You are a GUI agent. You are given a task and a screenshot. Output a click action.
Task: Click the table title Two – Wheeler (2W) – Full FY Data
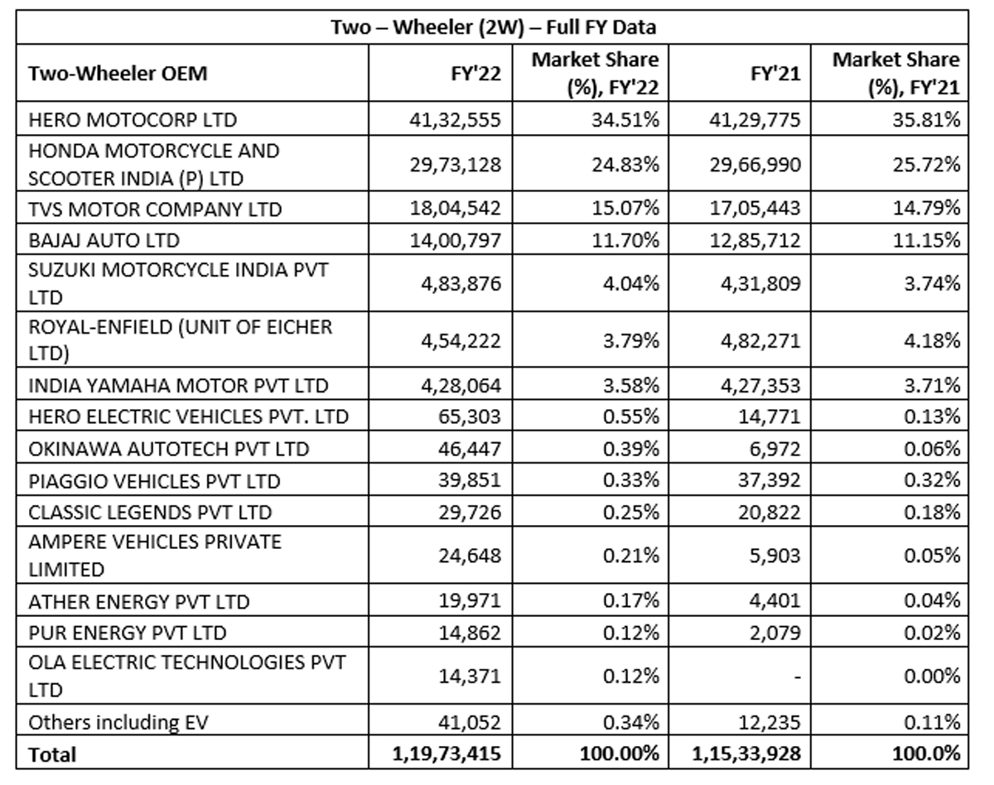coord(494,27)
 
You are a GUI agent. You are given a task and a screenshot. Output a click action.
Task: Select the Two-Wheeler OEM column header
coord(118,74)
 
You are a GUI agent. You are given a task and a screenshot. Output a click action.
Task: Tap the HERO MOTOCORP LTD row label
coord(133,120)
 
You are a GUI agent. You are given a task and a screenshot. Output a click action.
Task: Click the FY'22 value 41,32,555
coord(455,120)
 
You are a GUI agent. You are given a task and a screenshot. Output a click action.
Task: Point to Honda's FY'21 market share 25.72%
coord(926,165)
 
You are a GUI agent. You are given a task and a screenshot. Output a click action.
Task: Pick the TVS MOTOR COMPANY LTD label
coord(155,209)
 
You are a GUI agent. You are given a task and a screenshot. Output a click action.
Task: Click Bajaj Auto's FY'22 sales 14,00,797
coord(456,241)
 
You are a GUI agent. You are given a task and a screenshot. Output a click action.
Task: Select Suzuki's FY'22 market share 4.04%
coord(631,283)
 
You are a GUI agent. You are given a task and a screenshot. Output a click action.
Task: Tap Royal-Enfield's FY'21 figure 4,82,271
coord(760,341)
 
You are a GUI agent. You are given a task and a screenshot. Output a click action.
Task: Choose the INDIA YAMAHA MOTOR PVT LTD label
coord(178,386)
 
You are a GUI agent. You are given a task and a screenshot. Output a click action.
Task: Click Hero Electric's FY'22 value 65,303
coord(470,417)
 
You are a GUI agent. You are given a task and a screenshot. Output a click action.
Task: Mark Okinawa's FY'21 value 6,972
coord(775,449)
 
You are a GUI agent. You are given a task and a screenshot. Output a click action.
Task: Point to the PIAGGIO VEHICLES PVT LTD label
coord(154,482)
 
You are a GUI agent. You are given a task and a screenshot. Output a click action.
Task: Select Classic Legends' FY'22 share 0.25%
coord(631,513)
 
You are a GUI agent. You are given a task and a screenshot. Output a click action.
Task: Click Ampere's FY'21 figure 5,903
coord(775,556)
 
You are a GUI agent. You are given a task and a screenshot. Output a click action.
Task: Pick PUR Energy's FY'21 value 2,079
coord(775,633)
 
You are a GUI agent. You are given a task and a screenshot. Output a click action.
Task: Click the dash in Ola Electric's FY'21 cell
coord(797,677)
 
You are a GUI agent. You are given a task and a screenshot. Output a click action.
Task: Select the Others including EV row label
coord(118,722)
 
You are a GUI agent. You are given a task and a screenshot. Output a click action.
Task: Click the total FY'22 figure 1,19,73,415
coord(446,754)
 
